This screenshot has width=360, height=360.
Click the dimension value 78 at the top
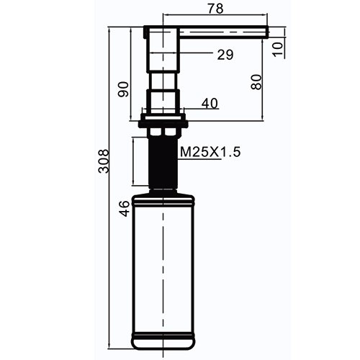point(215,9)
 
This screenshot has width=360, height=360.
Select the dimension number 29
point(225,55)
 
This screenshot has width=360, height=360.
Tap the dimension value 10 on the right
point(278,49)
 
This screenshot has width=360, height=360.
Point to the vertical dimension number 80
point(256,82)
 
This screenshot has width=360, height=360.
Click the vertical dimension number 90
point(123,89)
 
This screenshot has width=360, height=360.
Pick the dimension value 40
point(210,104)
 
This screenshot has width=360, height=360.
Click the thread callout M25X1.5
point(210,152)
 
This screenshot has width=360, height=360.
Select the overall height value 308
point(104,161)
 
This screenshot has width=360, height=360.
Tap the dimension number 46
point(125,209)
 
